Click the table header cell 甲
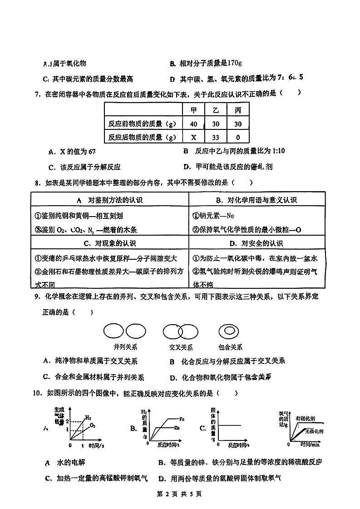(x=193, y=110)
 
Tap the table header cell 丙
(x=238, y=110)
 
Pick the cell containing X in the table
(x=193, y=137)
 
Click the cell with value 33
(x=216, y=137)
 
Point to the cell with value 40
(x=193, y=124)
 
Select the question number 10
(x=37, y=393)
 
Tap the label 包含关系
(x=230, y=347)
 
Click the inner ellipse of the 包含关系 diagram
(x=229, y=331)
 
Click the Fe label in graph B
(x=181, y=419)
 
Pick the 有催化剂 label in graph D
(x=306, y=418)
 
